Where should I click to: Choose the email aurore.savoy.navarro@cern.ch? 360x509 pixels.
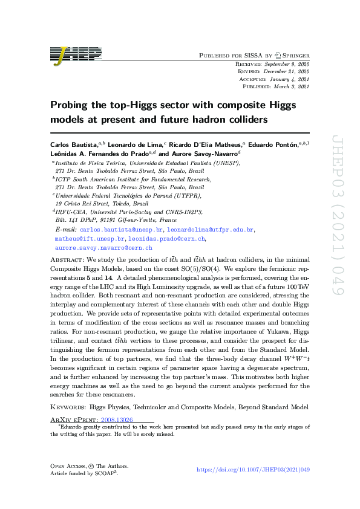click(103, 248)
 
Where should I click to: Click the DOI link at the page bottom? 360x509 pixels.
click(254, 470)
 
